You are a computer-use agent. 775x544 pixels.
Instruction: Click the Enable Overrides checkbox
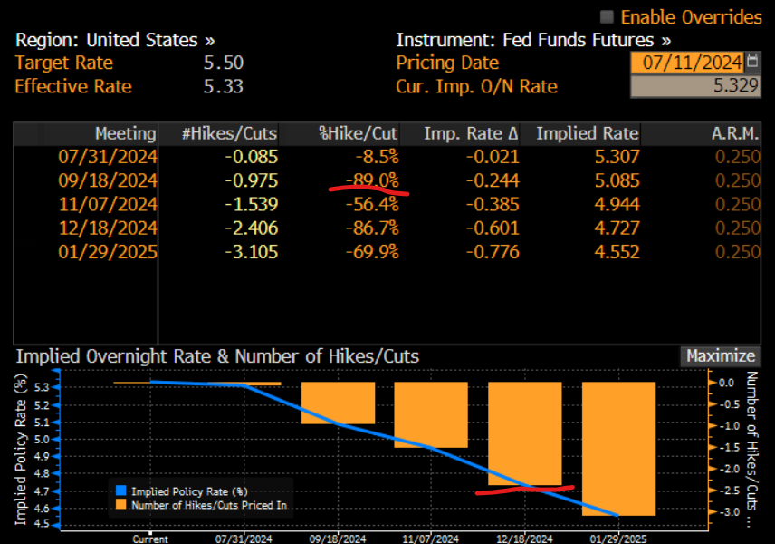click(607, 17)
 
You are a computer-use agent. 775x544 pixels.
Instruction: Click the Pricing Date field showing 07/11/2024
click(687, 63)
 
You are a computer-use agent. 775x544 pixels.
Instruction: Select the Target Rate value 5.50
click(224, 63)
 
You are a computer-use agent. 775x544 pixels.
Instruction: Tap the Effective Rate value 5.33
click(224, 87)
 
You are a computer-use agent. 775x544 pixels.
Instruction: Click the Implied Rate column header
click(587, 134)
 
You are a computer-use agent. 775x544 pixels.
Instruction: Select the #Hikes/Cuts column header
click(229, 134)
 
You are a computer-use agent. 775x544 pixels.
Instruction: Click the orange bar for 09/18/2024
click(337, 403)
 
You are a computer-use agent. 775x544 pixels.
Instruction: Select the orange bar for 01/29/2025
click(617, 449)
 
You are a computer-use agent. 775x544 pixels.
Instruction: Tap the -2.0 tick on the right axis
click(727, 469)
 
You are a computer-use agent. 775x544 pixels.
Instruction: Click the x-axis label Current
click(149, 539)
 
